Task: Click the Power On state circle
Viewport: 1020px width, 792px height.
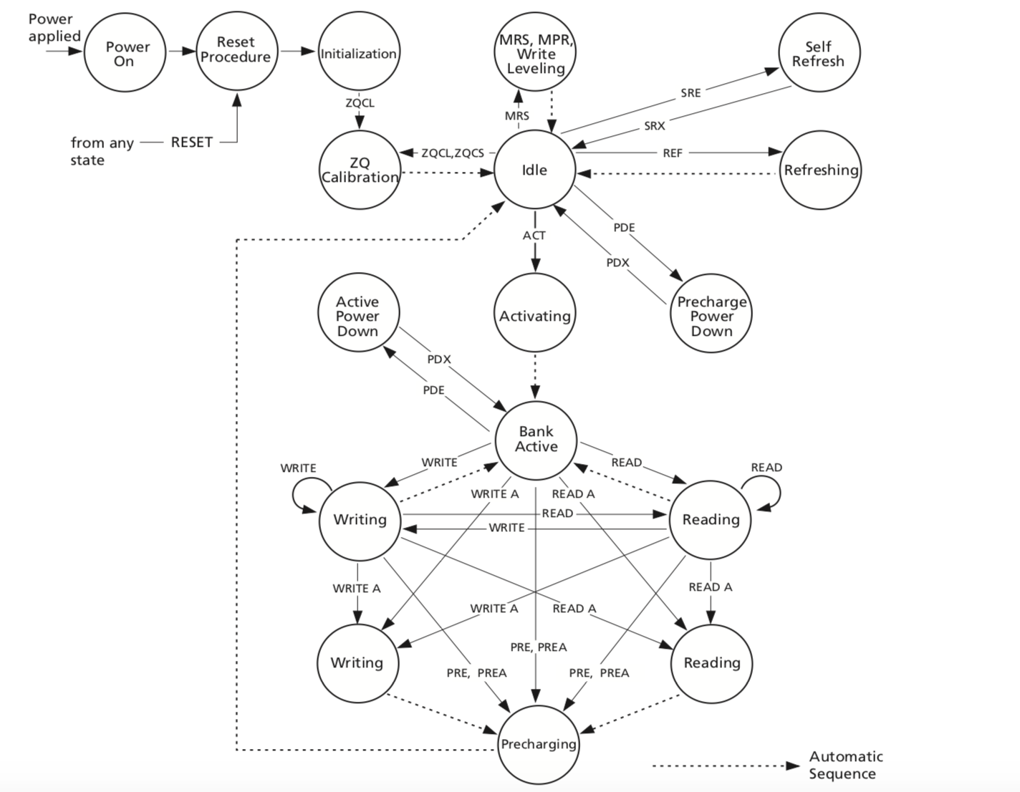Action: [125, 54]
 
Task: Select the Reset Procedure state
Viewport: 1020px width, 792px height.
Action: [236, 50]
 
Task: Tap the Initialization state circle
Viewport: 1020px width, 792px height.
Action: [358, 54]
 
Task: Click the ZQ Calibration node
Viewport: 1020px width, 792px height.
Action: [360, 170]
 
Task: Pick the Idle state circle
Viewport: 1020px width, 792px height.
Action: [534, 170]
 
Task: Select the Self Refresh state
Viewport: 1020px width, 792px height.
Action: [819, 54]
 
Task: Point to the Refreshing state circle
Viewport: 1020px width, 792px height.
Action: [820, 170]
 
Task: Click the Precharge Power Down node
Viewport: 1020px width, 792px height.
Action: [711, 316]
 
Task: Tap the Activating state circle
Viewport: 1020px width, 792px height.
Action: [534, 316]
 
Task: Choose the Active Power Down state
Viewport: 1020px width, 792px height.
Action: [358, 316]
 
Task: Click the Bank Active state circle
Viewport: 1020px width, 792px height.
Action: [536, 439]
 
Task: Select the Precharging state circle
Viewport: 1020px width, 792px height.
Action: [538, 744]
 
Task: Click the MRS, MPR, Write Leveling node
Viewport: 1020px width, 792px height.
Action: [536, 54]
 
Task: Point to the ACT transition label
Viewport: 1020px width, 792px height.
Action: [534, 235]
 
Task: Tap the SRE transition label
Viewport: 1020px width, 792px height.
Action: [691, 92]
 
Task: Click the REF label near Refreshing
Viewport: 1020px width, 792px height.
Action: [673, 153]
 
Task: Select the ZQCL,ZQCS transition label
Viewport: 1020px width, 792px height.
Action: [453, 153]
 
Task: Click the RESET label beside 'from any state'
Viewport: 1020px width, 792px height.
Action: [191, 142]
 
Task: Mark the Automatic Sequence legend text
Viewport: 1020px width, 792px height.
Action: [845, 765]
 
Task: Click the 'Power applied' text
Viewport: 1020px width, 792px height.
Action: [54, 28]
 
